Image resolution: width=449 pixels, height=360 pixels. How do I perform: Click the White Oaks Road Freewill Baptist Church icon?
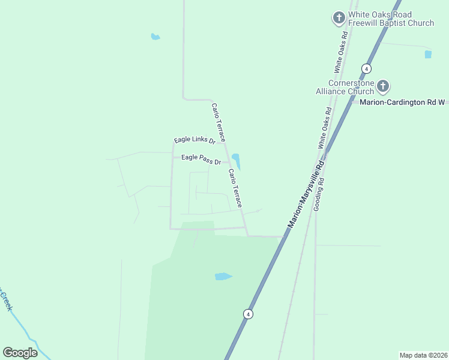tap(339, 18)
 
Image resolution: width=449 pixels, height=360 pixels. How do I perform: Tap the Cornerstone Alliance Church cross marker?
tap(383, 87)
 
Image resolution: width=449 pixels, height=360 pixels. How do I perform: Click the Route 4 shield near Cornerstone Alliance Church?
tap(366, 68)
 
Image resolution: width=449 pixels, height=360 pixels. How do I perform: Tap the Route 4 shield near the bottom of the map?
tap(247, 314)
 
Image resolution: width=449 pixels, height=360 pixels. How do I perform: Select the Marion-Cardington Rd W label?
tap(403, 102)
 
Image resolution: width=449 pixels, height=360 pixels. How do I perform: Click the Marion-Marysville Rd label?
tap(306, 193)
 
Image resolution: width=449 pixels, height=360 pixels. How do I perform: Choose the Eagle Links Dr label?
tap(194, 140)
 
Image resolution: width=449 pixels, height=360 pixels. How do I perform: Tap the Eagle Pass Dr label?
tap(201, 159)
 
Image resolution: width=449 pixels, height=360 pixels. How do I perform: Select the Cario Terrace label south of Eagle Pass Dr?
tap(235, 188)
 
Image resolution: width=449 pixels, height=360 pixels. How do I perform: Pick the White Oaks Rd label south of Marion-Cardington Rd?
tap(325, 128)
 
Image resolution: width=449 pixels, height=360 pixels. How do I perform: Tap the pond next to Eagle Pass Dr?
tap(237, 161)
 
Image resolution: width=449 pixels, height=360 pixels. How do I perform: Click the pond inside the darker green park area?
tap(223, 277)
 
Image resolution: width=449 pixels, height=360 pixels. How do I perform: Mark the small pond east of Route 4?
tap(428, 55)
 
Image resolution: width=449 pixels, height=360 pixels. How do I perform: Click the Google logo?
tap(20, 353)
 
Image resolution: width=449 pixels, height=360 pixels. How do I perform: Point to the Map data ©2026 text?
tap(423, 355)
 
